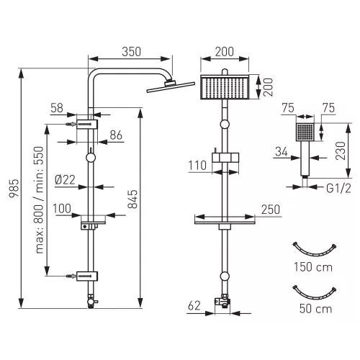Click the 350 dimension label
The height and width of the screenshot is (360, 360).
pos(131,52)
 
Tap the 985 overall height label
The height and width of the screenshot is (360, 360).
pos(14,188)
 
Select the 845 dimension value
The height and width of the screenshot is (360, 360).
pos(132,199)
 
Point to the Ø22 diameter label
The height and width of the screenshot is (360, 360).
pos(65,180)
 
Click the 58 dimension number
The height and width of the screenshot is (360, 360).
pos(57,108)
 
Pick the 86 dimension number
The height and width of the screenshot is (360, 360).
pos(116,135)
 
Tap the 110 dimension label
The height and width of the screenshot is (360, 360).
pos(197,166)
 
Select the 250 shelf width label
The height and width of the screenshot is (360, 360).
pos(271,210)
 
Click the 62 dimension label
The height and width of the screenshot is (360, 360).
pos(194,306)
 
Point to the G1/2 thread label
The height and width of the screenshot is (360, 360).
pos(338,189)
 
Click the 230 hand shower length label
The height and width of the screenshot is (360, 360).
pos(341,150)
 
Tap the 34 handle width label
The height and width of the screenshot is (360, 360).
pos(282,152)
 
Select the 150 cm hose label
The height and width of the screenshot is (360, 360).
pos(313,267)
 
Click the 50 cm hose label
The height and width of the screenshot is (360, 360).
pos(315,309)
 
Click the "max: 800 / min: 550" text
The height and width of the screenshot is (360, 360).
pos(40,200)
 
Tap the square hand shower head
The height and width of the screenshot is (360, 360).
pos(305,132)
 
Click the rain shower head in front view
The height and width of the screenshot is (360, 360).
pos(225,87)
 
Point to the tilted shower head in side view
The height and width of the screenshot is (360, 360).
pos(171,86)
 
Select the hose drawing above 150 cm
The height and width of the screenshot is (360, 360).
pos(315,250)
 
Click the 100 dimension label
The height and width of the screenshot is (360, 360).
pos(62,209)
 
